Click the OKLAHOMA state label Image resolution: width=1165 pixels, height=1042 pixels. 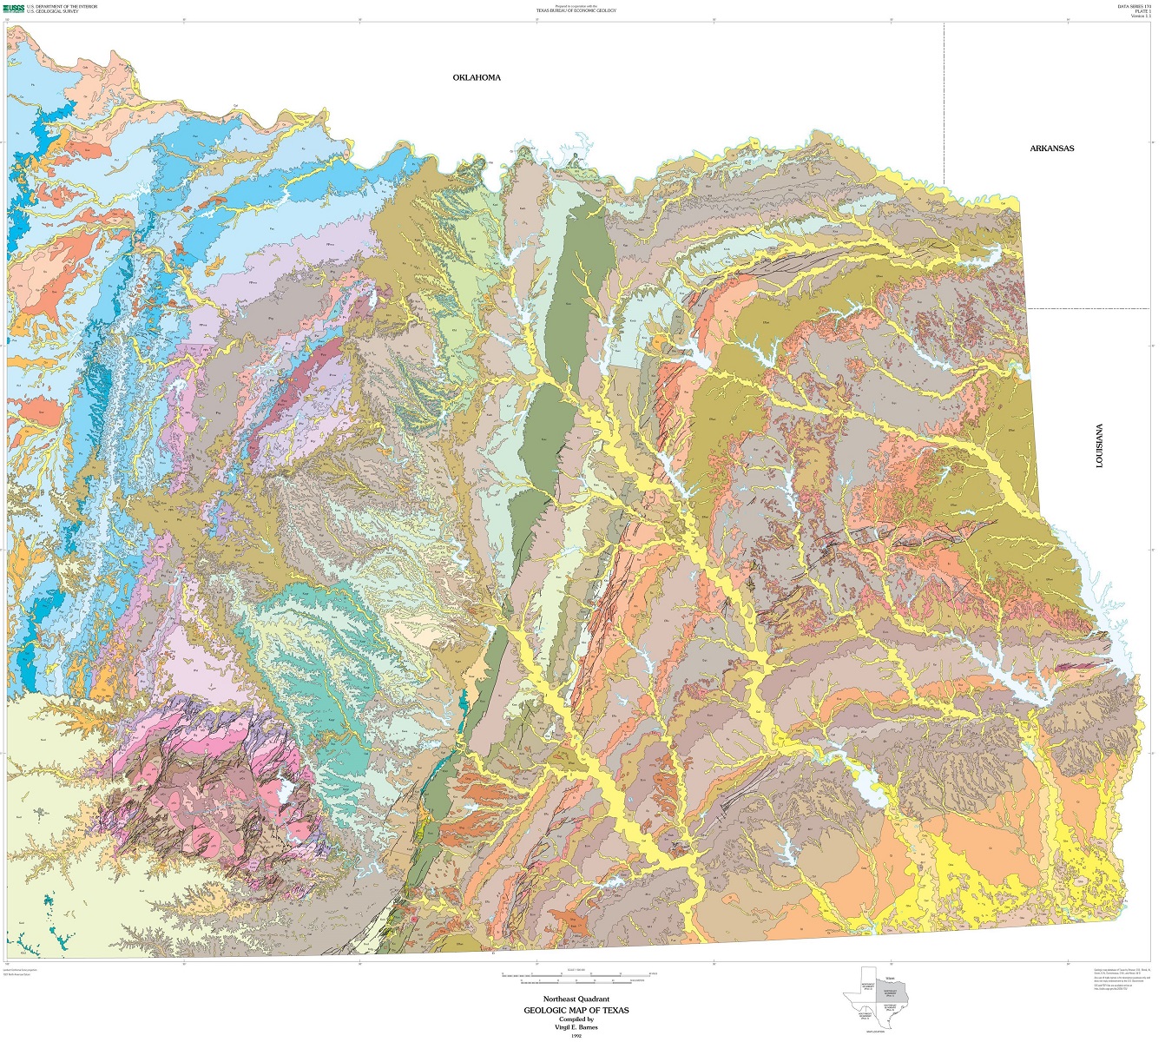[477, 77]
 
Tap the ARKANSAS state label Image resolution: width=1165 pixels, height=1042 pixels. [1051, 148]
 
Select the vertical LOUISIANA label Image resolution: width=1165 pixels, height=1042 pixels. [1099, 446]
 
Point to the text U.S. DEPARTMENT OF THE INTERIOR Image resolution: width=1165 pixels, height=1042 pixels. [62, 6]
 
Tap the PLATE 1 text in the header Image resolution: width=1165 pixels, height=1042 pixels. [1142, 11]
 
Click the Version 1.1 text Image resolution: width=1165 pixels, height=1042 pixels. [1140, 16]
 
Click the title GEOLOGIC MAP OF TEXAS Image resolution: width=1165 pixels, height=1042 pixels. [576, 1010]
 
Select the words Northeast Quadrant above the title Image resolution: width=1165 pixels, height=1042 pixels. [576, 999]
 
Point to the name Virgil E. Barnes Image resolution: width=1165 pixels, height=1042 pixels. [576, 1027]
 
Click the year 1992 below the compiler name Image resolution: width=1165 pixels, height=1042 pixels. [576, 1036]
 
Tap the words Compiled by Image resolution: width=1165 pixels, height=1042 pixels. [576, 1019]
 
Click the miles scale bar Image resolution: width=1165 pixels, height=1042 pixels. [576, 974]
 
